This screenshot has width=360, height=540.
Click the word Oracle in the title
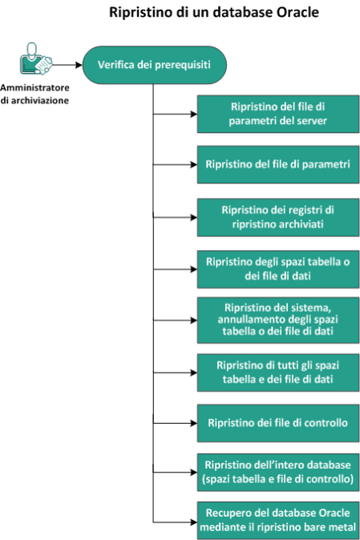coord(297,12)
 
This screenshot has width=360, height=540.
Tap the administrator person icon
coord(35,58)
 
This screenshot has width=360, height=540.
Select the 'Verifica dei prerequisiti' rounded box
coord(154,65)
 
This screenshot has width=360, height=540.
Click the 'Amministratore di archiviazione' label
coord(34,94)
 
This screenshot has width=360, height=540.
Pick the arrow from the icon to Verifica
coord(67,65)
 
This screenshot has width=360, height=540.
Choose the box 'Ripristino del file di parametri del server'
coord(278,114)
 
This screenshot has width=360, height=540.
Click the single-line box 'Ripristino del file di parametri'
coord(278,164)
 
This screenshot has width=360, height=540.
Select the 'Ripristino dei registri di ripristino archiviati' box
coord(278,217)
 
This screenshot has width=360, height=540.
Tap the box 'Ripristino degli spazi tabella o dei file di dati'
coord(278,269)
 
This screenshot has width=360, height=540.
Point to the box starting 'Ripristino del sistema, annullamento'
coord(278,320)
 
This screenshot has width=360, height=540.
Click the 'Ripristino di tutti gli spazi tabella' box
coord(278,373)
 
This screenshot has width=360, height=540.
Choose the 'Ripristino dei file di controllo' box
coord(278,423)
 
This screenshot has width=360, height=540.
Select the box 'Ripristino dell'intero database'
coord(278,472)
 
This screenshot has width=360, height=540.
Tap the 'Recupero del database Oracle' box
coord(278,520)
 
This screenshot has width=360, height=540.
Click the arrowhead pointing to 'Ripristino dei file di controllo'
coord(193,423)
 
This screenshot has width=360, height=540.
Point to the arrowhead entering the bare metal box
coord(193,522)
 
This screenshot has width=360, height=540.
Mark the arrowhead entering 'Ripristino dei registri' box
coord(193,217)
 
